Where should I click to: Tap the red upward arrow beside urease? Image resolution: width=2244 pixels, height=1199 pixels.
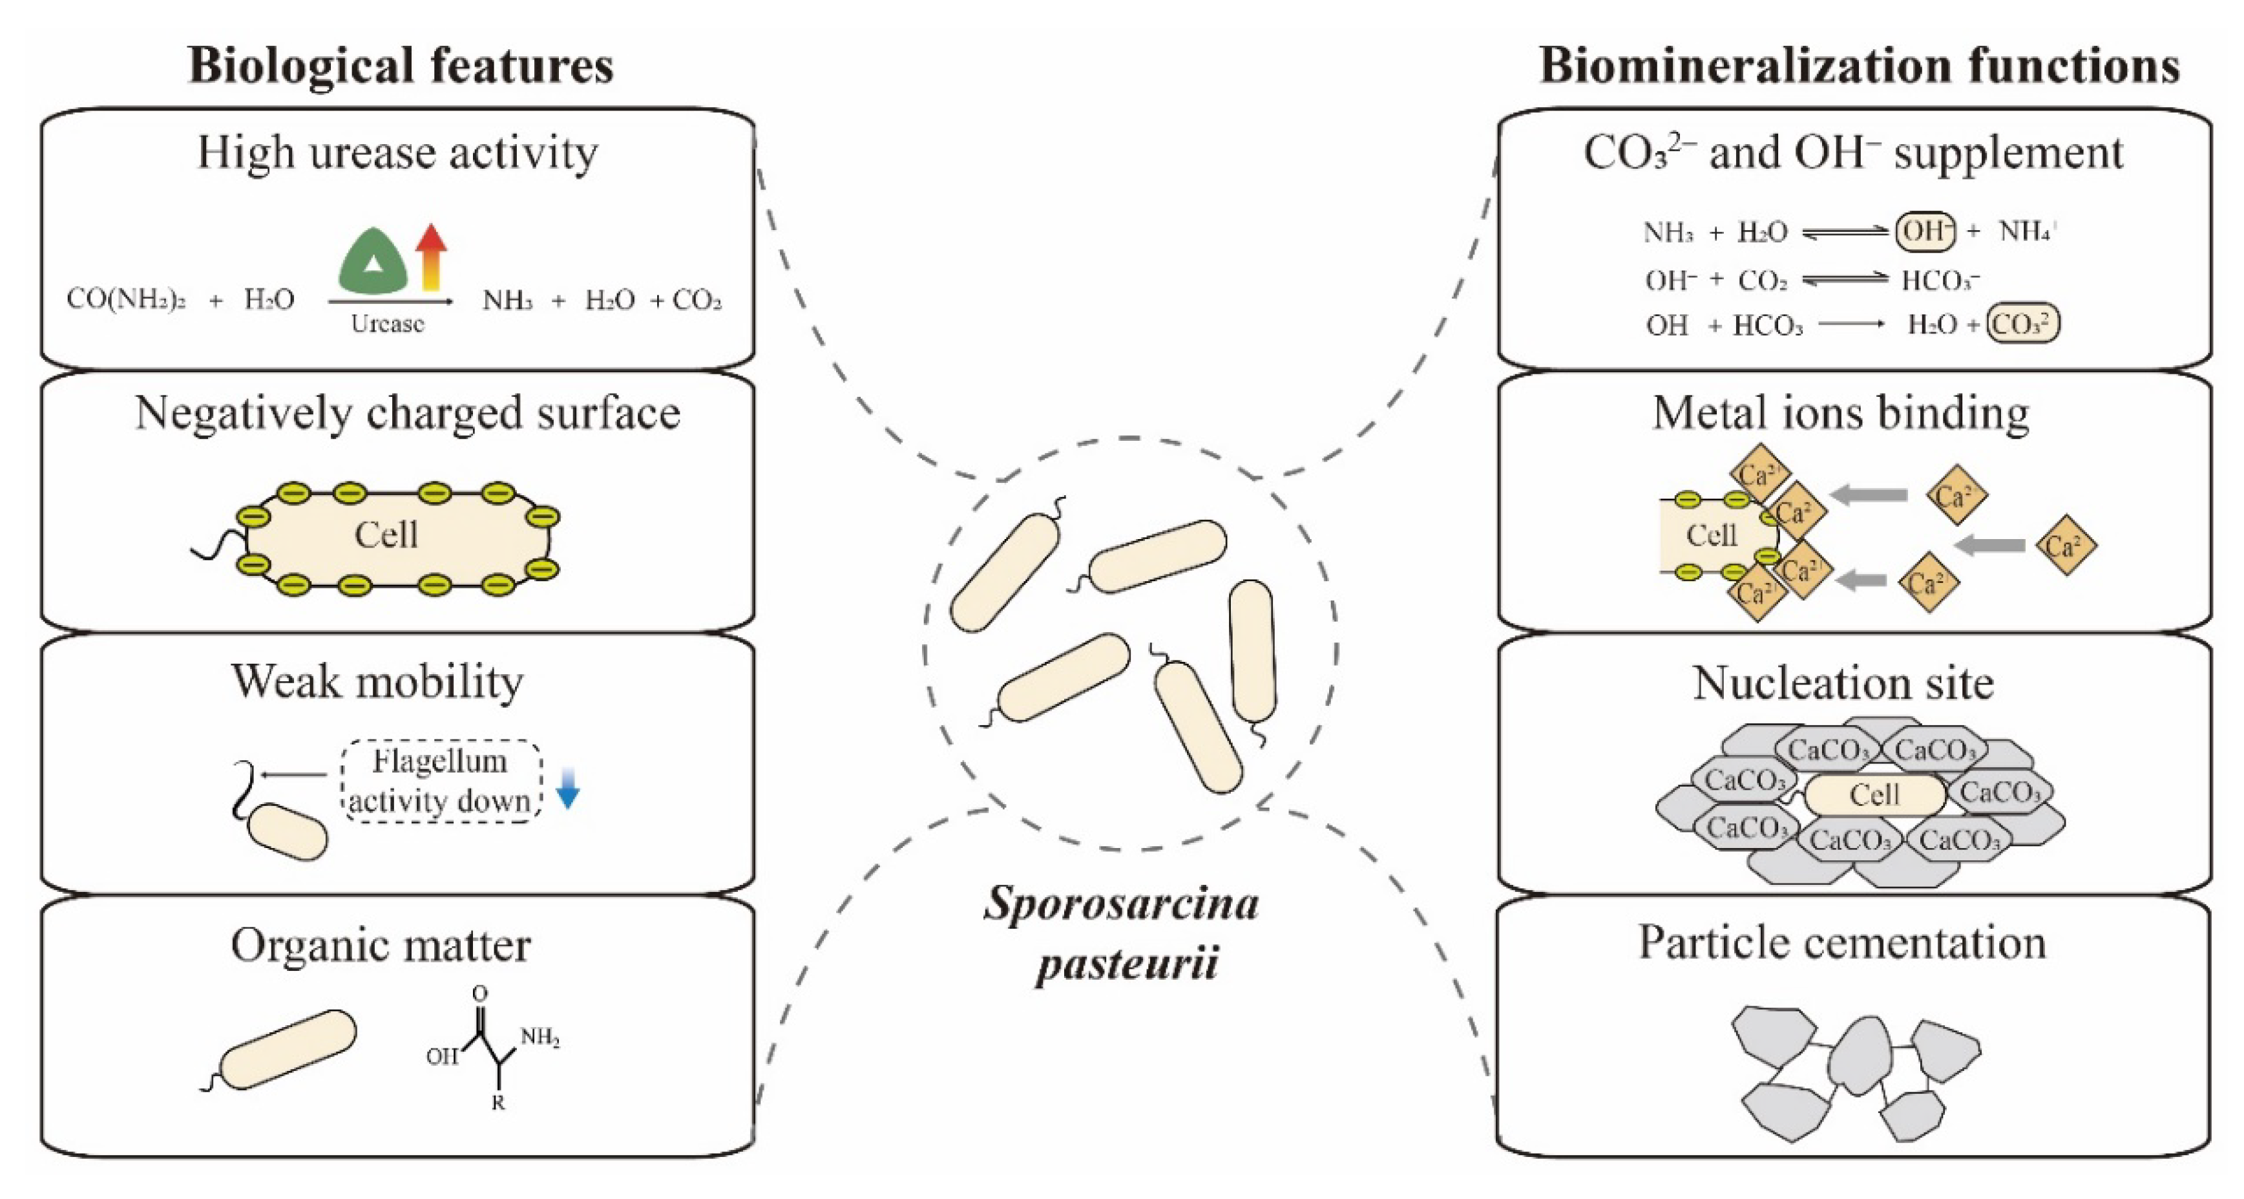coord(430,256)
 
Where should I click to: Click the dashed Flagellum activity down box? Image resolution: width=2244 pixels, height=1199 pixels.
coord(441,781)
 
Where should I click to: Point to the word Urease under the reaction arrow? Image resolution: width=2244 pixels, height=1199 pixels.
coord(387,324)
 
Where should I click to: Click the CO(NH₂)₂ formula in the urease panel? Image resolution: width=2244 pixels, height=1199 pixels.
coord(126,300)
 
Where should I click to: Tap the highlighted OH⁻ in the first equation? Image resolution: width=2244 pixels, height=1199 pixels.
coord(1924,232)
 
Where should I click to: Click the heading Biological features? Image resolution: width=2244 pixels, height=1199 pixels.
coord(401,65)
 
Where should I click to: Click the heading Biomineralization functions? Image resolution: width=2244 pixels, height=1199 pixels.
coord(1859,65)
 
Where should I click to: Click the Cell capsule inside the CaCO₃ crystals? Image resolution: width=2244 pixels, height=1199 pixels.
coord(1874,794)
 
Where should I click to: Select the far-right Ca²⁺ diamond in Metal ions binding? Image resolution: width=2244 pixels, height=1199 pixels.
coord(2066,546)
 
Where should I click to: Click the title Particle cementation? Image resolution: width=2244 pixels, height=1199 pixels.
coord(1842,943)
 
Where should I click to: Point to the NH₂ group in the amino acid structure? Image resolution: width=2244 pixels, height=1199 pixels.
coord(540,1037)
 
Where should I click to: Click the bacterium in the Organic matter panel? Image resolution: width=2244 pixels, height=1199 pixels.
coord(288,1050)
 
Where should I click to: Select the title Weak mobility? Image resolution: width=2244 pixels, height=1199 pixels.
coord(377,681)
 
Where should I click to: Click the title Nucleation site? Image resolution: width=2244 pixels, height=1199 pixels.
coord(1843,683)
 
